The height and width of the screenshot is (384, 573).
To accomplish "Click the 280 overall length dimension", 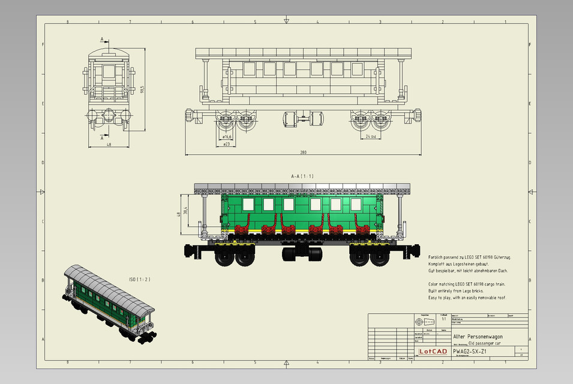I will point(303,152).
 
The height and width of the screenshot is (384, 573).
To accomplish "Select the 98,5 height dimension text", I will point(142,89).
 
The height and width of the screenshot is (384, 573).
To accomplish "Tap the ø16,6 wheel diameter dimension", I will point(227,137).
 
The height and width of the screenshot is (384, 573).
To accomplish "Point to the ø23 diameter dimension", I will point(226,144).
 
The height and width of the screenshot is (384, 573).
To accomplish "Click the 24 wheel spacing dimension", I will point(371,137).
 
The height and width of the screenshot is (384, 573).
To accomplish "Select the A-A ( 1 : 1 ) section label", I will point(302,176).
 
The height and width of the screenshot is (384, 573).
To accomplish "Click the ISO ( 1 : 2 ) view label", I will point(139,280).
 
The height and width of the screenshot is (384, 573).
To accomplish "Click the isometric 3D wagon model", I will point(109,303).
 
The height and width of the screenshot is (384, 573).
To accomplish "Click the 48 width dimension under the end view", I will point(109,145).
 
